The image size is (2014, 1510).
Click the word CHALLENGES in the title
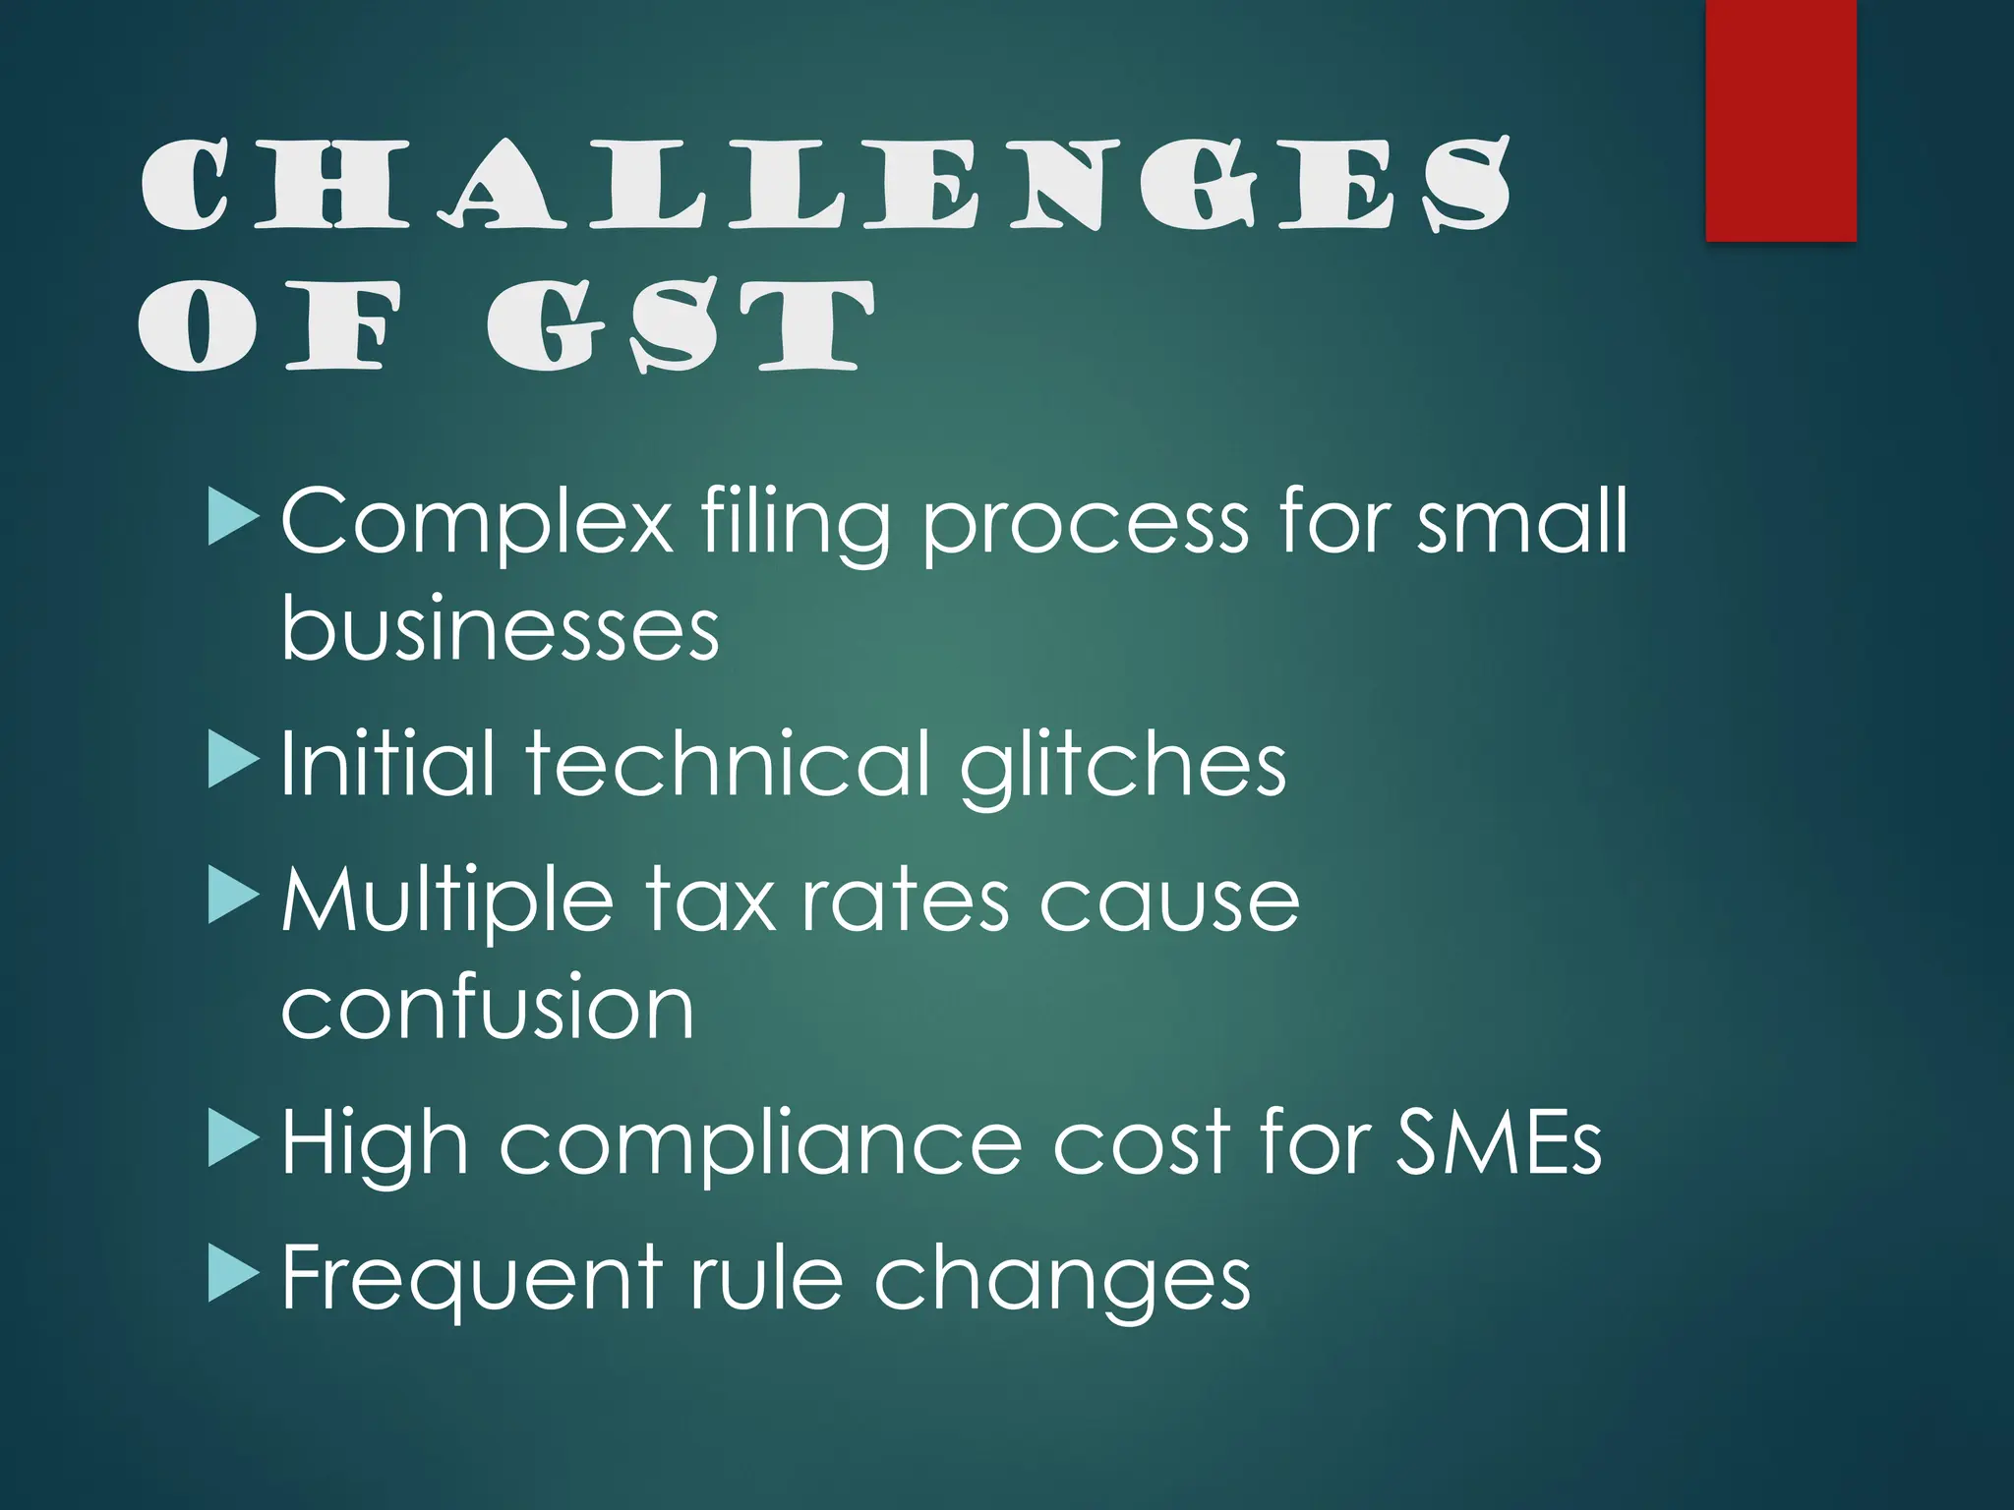(x=824, y=184)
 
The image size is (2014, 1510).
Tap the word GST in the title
(x=680, y=326)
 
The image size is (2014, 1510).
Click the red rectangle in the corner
(x=1780, y=120)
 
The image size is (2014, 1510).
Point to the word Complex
(x=476, y=522)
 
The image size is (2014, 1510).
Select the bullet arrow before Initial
(x=233, y=763)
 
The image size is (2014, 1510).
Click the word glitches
(x=1122, y=766)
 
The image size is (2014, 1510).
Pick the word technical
(x=727, y=764)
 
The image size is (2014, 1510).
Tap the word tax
(x=710, y=901)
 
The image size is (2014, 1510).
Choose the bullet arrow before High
(x=233, y=1141)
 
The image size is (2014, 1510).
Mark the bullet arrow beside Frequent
(x=233, y=1277)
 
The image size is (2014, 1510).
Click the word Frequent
(x=470, y=1278)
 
